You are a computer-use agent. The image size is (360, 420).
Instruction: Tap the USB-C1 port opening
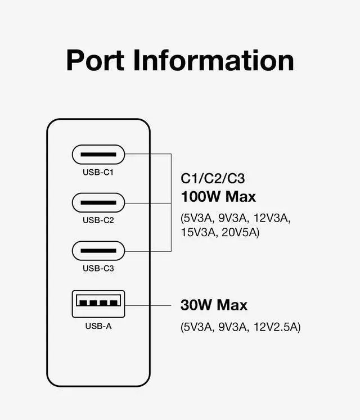point(98,153)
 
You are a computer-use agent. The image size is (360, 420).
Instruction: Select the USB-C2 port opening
point(98,202)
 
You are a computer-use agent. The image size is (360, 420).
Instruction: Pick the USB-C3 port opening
point(98,250)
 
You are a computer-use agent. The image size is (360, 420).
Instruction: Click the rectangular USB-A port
point(98,304)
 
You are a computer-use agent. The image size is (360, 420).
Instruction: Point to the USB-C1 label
point(98,172)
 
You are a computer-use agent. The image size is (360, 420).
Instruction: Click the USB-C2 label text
point(98,220)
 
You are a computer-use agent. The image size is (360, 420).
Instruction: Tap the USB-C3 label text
point(98,268)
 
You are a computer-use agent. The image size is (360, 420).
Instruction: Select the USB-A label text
point(98,326)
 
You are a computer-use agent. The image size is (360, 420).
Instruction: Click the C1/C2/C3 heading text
point(213,179)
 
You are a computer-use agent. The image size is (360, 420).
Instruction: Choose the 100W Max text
point(218,197)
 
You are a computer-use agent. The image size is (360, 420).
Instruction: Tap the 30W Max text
point(214,305)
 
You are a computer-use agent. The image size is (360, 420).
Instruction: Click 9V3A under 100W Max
point(232,217)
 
